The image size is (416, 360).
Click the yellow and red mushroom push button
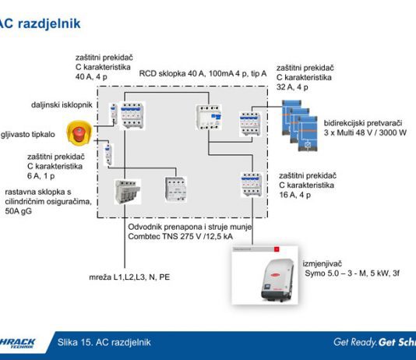[x=79, y=132]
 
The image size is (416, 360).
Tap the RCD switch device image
[x=209, y=117]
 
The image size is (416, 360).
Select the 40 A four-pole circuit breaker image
[x=132, y=115]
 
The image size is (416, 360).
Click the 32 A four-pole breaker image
[x=250, y=124]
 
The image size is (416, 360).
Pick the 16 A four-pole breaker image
[x=252, y=185]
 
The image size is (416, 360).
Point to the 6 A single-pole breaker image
[x=108, y=155]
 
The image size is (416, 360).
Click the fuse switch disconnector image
[x=127, y=192]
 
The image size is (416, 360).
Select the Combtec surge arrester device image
[x=175, y=189]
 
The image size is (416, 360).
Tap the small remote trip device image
[x=114, y=114]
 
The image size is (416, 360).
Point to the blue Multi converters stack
[x=299, y=125]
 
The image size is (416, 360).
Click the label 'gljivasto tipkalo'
[x=28, y=135]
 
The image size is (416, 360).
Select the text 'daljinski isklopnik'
[x=62, y=104]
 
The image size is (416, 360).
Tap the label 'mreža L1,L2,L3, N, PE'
[x=129, y=277]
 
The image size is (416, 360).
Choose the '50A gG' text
[x=18, y=211]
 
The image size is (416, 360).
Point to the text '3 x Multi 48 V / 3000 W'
[x=365, y=132]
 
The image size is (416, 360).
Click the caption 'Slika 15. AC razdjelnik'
[x=104, y=342]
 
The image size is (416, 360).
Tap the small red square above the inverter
[x=277, y=249]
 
